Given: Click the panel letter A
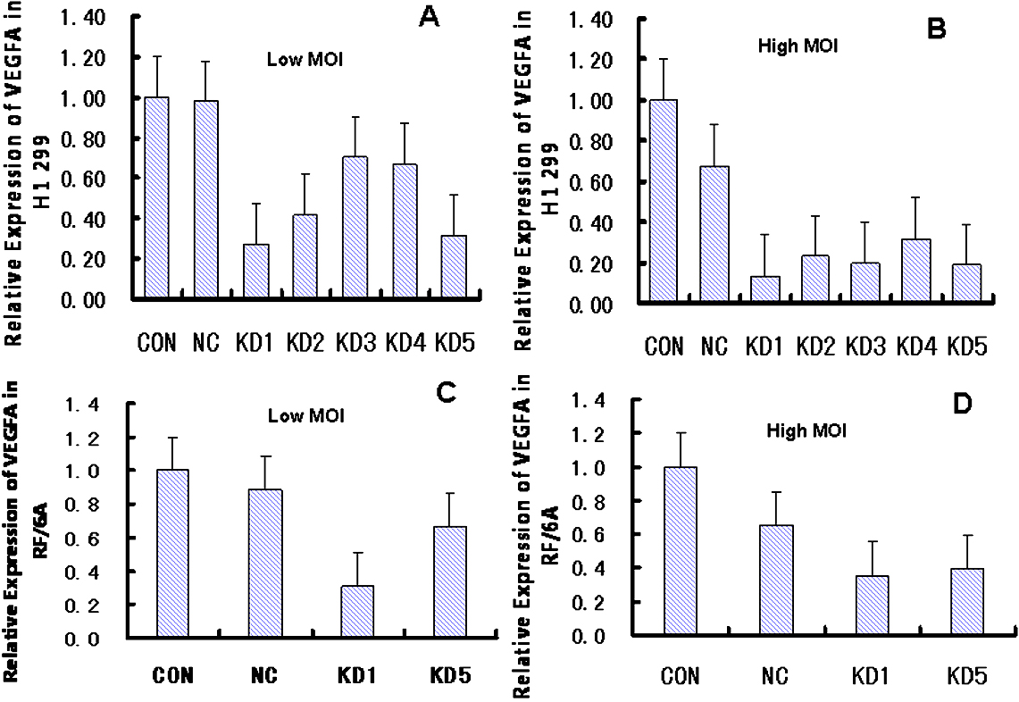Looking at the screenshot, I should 430,19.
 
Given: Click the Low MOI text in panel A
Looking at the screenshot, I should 296,61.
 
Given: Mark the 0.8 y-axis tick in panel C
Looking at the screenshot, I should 89,504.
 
